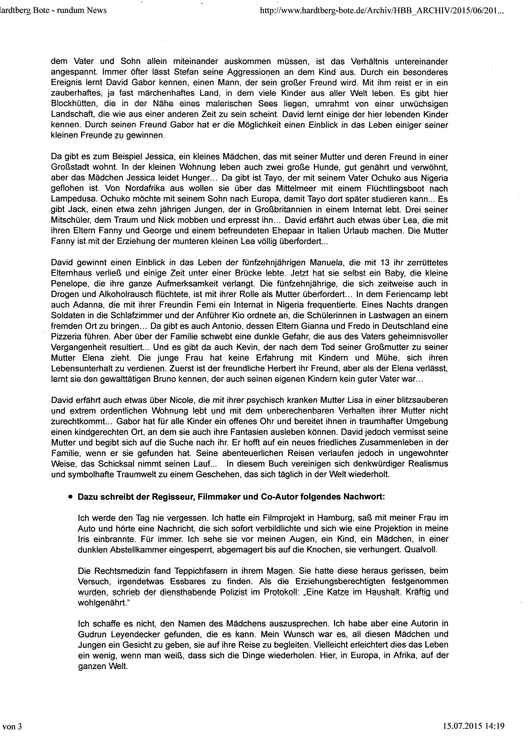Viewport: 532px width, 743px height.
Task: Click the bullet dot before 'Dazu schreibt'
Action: click(70, 497)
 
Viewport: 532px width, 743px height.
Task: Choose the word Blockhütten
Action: click(74, 104)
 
